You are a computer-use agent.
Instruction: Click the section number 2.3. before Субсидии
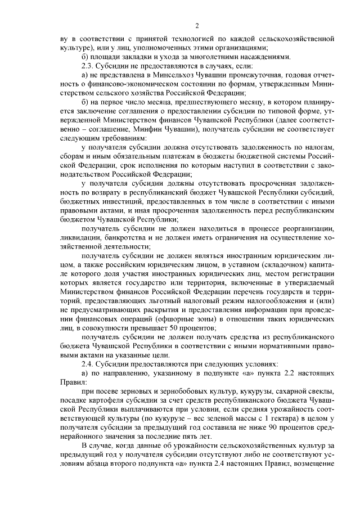coord(89,66)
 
